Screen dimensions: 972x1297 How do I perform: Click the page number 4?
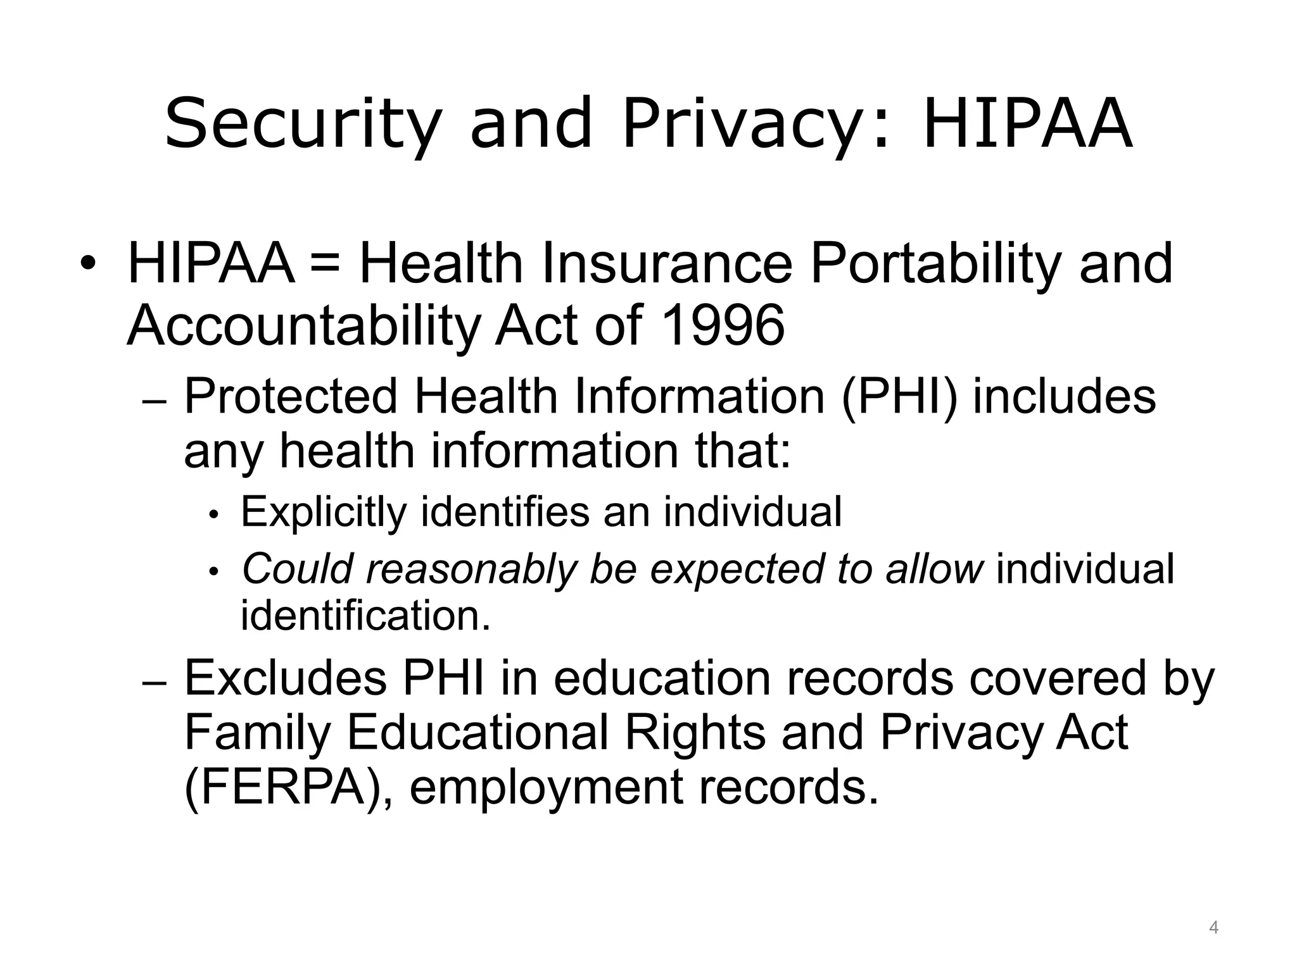1213,928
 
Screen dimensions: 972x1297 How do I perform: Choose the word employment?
546,787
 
